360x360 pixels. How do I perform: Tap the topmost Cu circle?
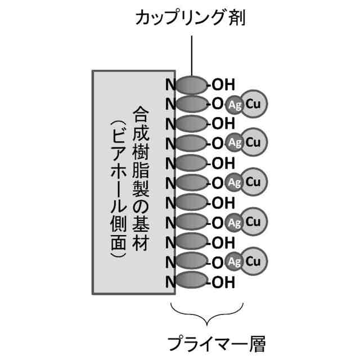[253, 104]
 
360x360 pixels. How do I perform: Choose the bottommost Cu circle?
[253, 262]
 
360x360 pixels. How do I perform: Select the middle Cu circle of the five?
[253, 183]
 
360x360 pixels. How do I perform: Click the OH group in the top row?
[222, 85]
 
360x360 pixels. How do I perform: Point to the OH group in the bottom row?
[222, 282]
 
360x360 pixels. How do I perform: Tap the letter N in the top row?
[169, 85]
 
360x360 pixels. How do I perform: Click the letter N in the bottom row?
[169, 282]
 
